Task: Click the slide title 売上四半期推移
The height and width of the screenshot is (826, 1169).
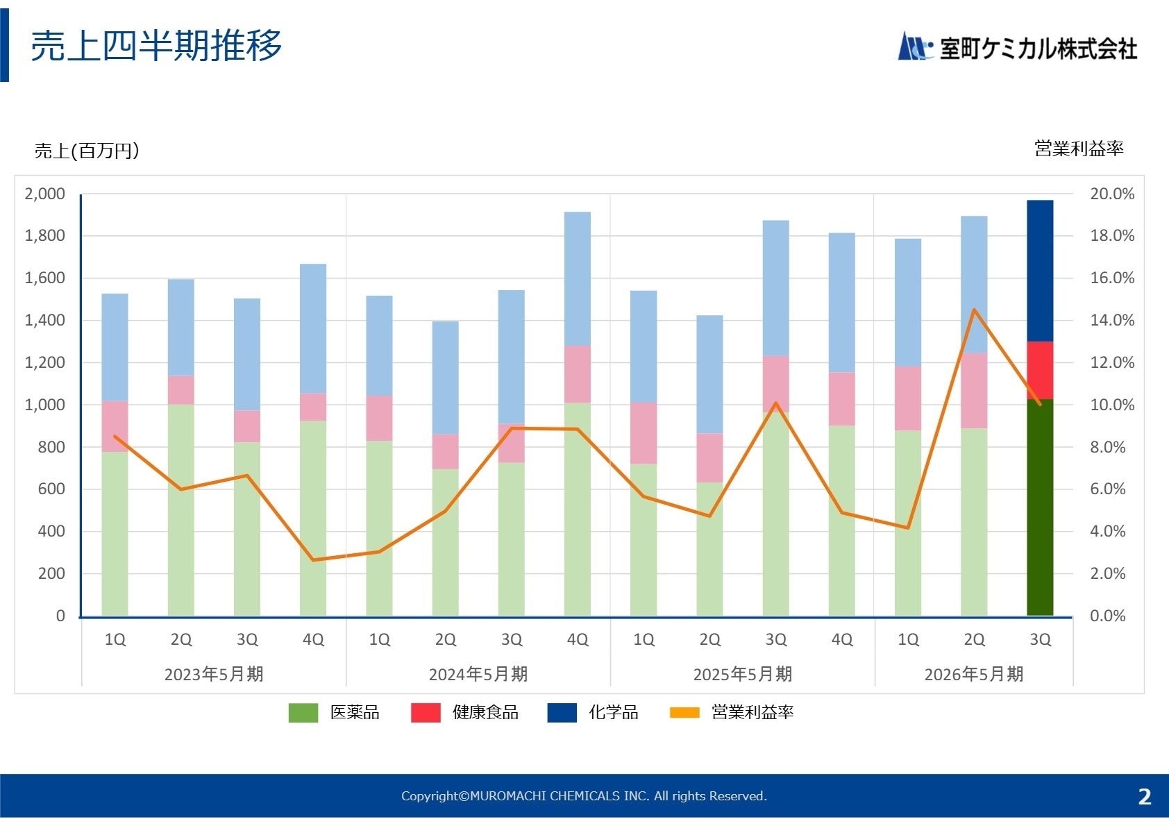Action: [x=156, y=46]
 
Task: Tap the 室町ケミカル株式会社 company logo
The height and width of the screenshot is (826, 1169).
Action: [x=1018, y=48]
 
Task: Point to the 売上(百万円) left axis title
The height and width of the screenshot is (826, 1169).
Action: [x=87, y=151]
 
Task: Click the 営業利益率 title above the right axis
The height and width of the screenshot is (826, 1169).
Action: [x=1079, y=148]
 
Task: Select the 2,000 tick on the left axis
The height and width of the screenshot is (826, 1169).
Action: [x=45, y=194]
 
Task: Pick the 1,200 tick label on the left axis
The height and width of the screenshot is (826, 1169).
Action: [x=45, y=362]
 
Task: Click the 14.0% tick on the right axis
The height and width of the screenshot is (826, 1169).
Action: [x=1112, y=320]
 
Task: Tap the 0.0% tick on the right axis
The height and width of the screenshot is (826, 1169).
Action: [x=1108, y=616]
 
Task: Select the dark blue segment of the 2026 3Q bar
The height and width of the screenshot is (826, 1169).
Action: [x=1040, y=271]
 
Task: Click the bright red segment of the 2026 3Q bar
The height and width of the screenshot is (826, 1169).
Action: [x=1040, y=370]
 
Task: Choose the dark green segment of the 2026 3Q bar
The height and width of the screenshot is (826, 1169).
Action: [x=1040, y=507]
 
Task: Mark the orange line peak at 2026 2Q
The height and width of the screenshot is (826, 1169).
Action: [x=975, y=310]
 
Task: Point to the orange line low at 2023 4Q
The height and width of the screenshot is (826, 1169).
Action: [x=313, y=559]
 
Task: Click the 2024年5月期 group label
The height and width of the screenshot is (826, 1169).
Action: [x=478, y=674]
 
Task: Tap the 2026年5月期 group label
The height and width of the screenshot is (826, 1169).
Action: [x=974, y=674]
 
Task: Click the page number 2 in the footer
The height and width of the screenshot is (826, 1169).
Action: [x=1145, y=796]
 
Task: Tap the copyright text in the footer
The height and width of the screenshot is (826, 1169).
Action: [x=584, y=796]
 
